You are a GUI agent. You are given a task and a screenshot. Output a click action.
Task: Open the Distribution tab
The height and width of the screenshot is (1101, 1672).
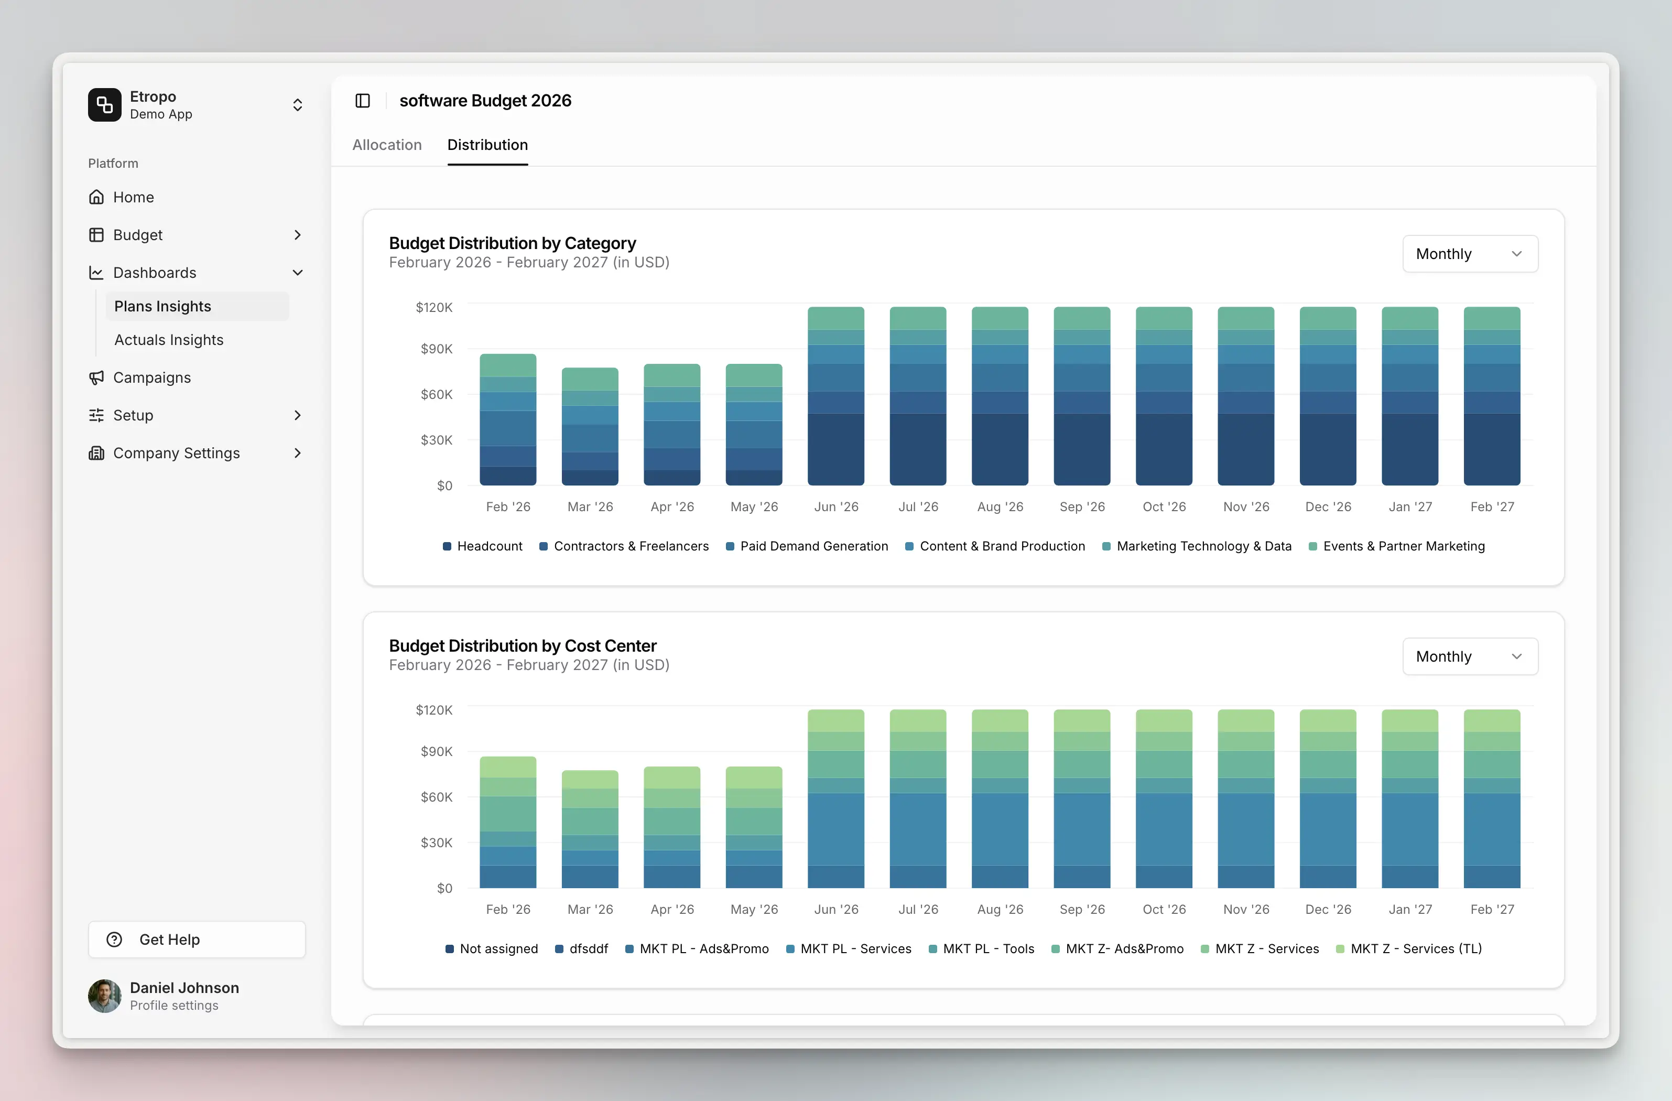click(487, 145)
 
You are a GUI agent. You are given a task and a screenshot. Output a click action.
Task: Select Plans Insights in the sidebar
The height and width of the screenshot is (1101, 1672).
click(162, 306)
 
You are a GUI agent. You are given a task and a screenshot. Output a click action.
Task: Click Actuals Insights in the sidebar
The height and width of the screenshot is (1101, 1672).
click(169, 340)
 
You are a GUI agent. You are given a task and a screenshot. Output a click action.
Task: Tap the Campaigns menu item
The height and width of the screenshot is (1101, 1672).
click(152, 377)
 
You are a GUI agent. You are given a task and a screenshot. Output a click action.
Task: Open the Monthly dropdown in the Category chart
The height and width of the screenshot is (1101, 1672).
click(1469, 254)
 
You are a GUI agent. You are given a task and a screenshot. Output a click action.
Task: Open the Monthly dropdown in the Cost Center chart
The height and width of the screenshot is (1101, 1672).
click(1469, 656)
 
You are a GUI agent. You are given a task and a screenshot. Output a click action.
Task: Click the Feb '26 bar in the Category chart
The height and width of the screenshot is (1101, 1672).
click(508, 422)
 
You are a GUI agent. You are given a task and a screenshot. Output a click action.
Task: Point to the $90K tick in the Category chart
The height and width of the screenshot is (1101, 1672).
click(436, 349)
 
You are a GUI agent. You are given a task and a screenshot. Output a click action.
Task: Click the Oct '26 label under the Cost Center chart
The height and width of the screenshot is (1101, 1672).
click(1164, 909)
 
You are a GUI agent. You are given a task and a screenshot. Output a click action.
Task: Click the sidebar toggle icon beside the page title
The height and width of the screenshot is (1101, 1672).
click(363, 101)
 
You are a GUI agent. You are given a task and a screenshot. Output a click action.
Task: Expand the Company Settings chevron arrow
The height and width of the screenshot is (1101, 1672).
click(297, 453)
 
